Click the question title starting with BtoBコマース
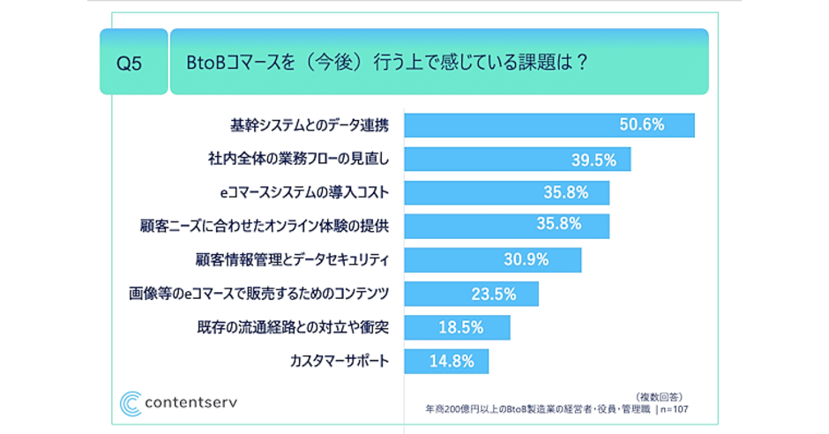388,63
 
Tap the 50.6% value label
641,125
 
